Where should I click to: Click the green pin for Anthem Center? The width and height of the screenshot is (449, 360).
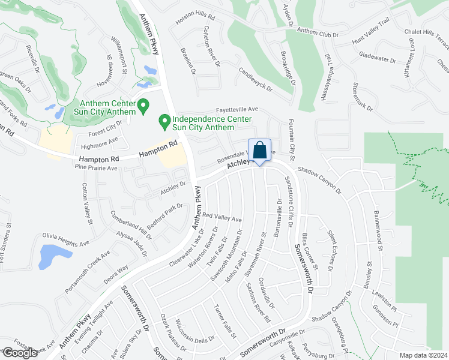click(143, 106)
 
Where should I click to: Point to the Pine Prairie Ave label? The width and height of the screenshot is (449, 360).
click(96, 169)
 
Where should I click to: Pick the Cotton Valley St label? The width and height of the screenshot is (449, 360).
click(88, 203)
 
